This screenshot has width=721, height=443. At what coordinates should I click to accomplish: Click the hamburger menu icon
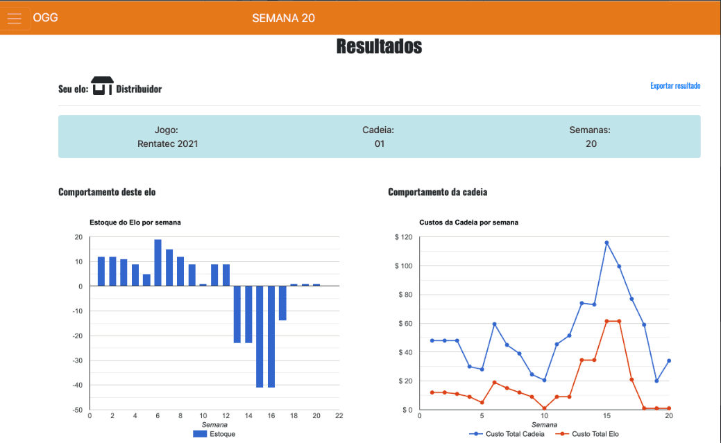click(15, 18)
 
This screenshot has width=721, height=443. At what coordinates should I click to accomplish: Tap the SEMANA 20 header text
click(283, 18)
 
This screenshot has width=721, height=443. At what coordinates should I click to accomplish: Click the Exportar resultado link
click(675, 86)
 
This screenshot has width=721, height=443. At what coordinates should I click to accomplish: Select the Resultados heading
click(379, 46)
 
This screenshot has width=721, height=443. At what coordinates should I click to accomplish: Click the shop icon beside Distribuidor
click(102, 87)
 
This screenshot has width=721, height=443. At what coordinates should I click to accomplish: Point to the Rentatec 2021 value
click(168, 144)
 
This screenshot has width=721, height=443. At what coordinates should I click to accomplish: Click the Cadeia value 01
click(379, 144)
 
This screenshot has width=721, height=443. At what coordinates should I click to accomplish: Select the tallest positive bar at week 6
click(158, 263)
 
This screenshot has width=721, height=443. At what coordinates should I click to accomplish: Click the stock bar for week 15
click(260, 336)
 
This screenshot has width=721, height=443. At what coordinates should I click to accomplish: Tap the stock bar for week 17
click(282, 303)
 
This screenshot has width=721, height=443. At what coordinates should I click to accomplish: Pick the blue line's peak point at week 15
click(607, 243)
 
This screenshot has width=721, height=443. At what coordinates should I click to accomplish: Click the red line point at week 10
click(544, 408)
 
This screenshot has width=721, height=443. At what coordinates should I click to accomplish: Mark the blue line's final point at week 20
click(669, 361)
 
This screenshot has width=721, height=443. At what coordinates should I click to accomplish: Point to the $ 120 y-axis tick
click(403, 237)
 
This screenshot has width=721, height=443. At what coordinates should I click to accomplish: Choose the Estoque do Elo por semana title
click(135, 223)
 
